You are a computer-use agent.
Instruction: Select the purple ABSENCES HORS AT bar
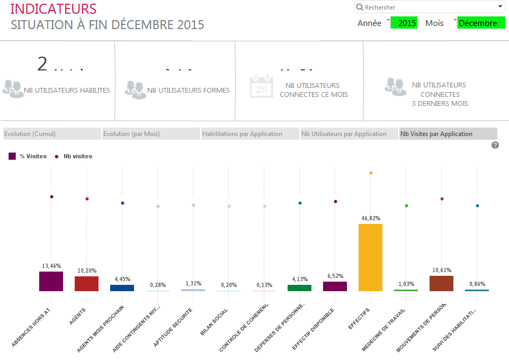[51, 281]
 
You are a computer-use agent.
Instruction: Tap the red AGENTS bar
[86, 283]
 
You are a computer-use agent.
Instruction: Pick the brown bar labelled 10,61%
[441, 283]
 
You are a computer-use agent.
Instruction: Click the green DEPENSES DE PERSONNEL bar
[299, 287]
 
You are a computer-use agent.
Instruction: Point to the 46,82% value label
[371, 218]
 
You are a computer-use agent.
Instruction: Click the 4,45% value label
[122, 279]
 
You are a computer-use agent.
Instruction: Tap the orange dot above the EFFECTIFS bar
[371, 173]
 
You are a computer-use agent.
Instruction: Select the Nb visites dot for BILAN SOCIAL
[229, 206]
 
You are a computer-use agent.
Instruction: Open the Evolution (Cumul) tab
[51, 134]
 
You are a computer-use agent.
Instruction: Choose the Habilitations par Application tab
[250, 134]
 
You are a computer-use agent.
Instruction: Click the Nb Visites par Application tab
[448, 134]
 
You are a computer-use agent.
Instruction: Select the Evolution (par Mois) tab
[151, 134]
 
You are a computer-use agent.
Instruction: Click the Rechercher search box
[429, 7]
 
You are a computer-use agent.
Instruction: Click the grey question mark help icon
[495, 145]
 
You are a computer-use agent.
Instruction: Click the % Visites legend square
[12, 156]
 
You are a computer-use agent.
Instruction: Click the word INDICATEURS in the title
[53, 9]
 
